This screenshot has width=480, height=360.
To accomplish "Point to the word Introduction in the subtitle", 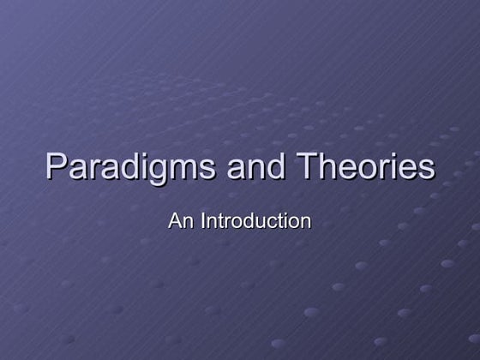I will tap(255, 220).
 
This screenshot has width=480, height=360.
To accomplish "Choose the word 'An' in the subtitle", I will tap(182, 220).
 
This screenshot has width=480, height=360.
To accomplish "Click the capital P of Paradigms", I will tap(56, 165).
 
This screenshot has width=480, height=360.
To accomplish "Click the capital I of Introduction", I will tap(203, 220).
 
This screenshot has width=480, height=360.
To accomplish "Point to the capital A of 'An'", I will tap(176, 220).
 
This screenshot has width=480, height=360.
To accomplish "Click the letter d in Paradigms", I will tap(125, 166).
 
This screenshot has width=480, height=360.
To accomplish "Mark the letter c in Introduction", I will tap(270, 222).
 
